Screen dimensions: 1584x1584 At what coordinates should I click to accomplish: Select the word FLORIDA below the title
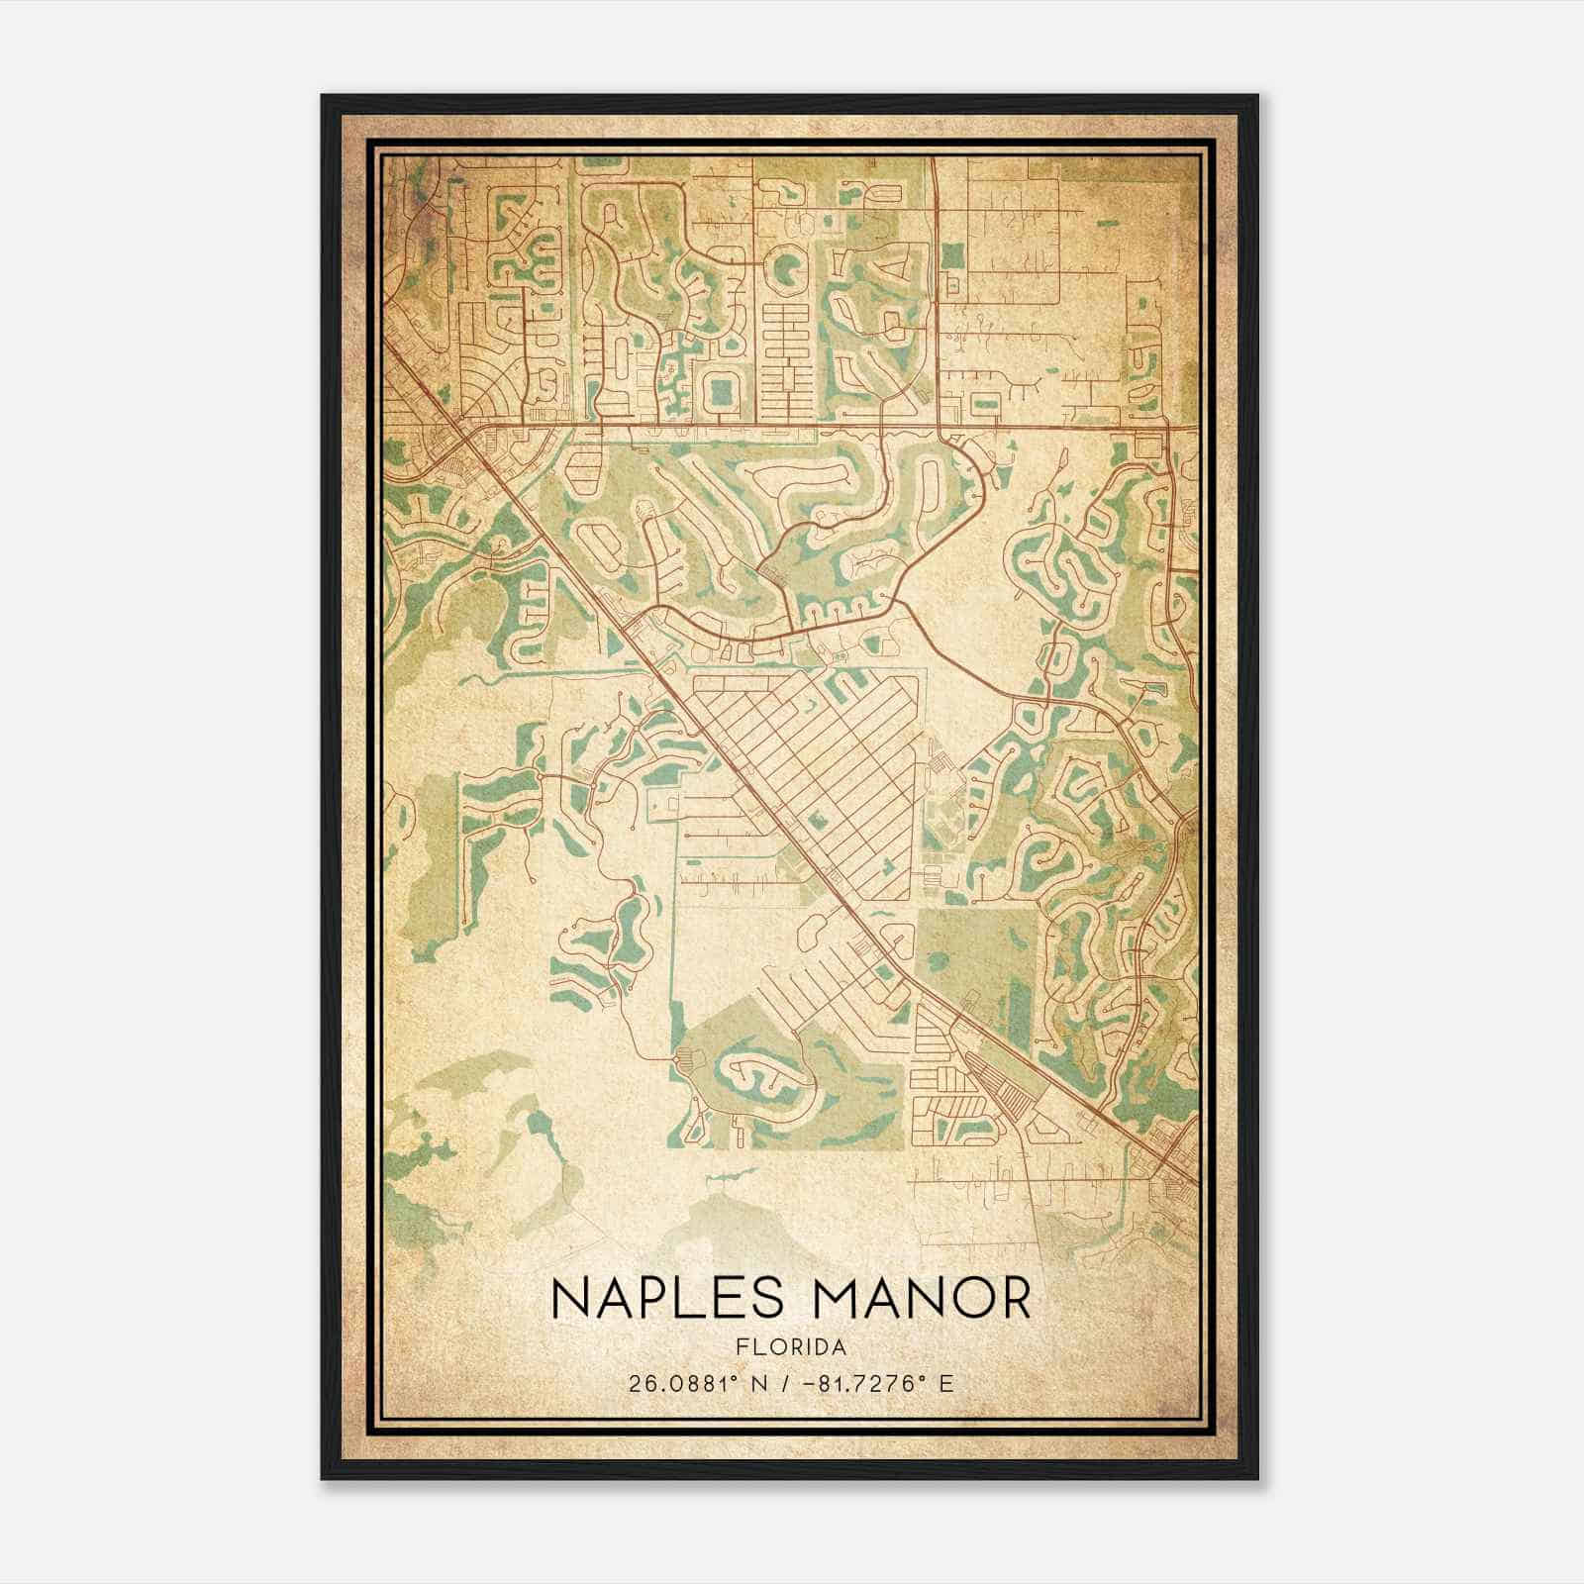pyautogui.click(x=792, y=1347)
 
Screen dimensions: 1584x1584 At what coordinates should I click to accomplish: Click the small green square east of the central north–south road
pyautogui.click(x=951, y=254)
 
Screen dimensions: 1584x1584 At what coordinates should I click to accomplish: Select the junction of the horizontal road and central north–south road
pyautogui.click(x=936, y=427)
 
